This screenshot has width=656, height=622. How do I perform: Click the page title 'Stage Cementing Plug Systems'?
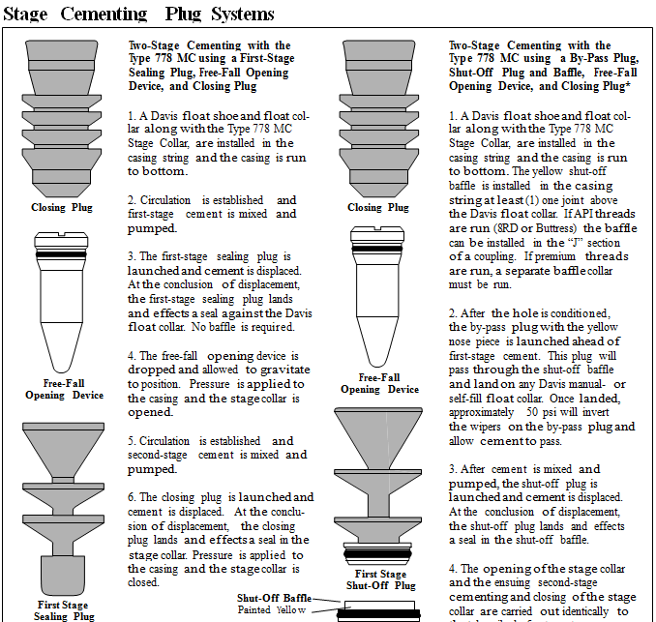point(139,14)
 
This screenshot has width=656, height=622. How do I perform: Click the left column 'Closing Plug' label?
point(62,207)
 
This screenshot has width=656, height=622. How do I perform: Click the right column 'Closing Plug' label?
point(378,207)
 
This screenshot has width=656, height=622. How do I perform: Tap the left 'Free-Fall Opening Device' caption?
point(63,389)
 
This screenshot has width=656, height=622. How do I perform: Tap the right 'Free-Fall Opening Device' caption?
point(379,383)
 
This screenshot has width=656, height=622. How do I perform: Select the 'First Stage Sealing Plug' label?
point(65,610)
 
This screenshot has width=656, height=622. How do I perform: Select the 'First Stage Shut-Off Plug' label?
point(379,579)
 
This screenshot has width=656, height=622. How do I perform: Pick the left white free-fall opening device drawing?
point(62,300)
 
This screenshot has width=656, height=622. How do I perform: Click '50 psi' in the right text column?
point(535,412)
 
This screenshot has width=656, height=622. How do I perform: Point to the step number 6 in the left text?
point(131,497)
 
